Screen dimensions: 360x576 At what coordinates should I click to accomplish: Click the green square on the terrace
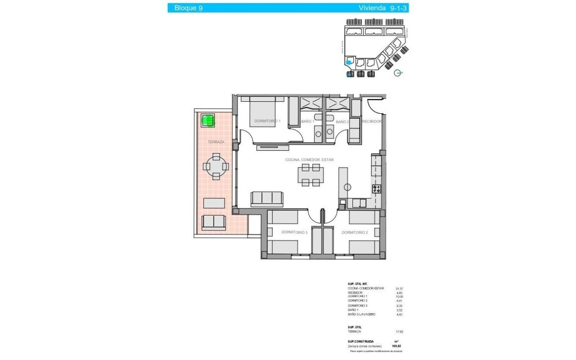tap(207, 120)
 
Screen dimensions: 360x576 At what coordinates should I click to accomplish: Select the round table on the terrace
tap(217, 166)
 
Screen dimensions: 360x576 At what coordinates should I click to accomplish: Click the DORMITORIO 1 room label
tap(267, 121)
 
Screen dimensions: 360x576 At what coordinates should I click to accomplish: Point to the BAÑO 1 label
tap(307, 121)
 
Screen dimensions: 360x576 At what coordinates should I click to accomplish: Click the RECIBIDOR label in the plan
tap(372, 121)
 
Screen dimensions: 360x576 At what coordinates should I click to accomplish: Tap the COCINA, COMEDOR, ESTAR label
tap(310, 160)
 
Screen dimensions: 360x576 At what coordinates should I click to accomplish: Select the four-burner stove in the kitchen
tap(376, 189)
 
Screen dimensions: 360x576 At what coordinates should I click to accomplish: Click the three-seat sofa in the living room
tap(266, 198)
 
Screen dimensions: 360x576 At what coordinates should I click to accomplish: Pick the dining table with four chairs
tap(310, 175)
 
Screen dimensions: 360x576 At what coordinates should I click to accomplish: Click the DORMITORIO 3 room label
tap(294, 232)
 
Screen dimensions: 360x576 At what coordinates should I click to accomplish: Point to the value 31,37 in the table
tap(399, 288)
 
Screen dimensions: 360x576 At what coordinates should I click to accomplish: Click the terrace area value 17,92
tap(399, 332)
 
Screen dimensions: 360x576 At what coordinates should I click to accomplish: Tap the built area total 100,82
tap(397, 346)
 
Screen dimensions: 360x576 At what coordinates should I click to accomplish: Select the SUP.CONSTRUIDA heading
tap(360, 342)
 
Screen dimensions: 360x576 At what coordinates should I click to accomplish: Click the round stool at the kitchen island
tap(347, 187)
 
